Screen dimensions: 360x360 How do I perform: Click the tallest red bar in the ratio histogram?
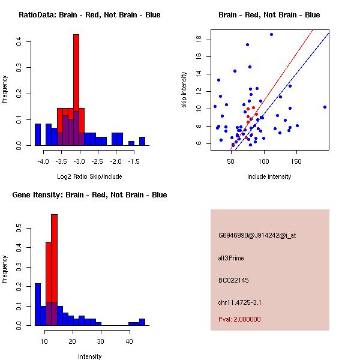76,84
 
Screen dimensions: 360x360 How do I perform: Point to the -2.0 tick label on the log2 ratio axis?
116,161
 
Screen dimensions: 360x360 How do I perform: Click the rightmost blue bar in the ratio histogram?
142,142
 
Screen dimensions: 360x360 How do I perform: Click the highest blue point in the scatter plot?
271,35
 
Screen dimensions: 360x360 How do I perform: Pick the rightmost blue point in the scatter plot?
325,107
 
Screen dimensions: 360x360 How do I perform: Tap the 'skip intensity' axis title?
185,90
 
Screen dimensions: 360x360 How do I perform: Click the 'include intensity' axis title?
269,176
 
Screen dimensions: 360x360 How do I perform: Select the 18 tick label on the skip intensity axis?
197,40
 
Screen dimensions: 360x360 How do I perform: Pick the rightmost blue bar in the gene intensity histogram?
142,322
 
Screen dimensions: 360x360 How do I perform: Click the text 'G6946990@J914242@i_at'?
257,235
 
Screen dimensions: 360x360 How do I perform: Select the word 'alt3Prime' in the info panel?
232,258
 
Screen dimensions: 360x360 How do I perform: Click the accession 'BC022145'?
233,280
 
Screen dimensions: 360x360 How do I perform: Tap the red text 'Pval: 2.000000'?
239,319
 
